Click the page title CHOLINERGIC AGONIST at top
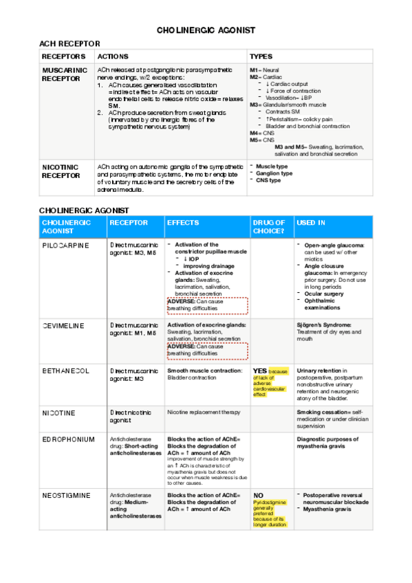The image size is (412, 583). pyautogui.click(x=206, y=30)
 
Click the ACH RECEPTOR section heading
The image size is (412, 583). pyautogui.click(x=69, y=44)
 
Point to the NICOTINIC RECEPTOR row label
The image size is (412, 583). pyautogui.click(x=61, y=170)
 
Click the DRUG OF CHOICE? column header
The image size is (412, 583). pyautogui.click(x=269, y=227)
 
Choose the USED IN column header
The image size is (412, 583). pyautogui.click(x=310, y=223)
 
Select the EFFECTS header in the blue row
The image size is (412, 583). pyautogui.click(x=183, y=223)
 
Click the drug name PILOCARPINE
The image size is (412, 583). pyautogui.click(x=65, y=245)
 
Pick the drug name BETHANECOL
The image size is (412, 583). pyautogui.click(x=65, y=371)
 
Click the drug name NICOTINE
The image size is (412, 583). pyautogui.click(x=58, y=412)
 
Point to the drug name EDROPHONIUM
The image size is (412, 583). pyautogui.click(x=67, y=439)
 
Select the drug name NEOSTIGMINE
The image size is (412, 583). pyautogui.click(x=67, y=495)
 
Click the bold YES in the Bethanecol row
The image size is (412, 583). pyautogui.click(x=260, y=371)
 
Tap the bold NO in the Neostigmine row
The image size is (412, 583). pyautogui.click(x=259, y=495)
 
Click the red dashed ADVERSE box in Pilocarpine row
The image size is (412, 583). pyautogui.click(x=206, y=305)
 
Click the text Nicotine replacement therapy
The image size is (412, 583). pyautogui.click(x=204, y=412)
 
